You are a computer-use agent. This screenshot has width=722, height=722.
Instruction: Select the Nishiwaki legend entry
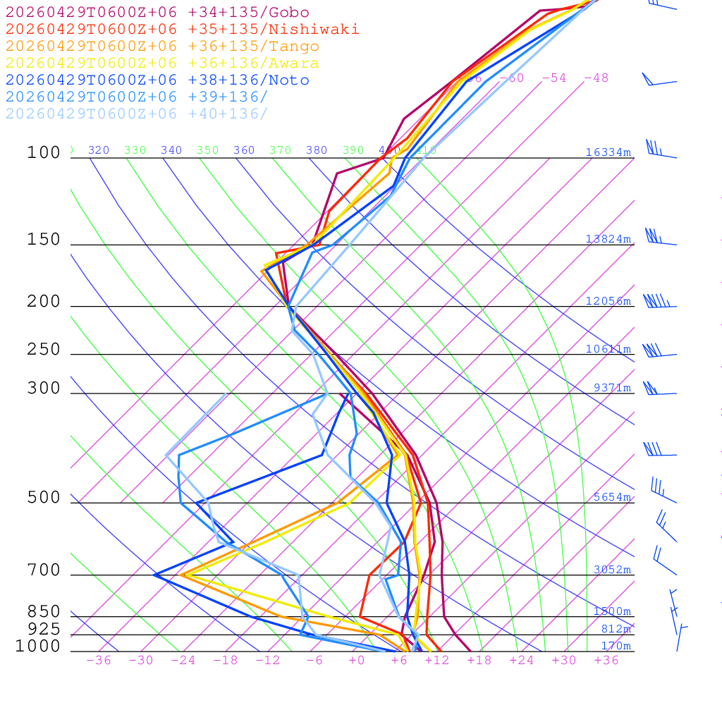point(183,29)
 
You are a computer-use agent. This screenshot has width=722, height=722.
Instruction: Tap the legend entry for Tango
point(162,47)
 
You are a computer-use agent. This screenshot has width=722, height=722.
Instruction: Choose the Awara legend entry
point(162,63)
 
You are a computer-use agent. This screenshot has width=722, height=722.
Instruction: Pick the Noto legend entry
point(157,80)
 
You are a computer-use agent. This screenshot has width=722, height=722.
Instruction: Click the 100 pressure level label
point(44,153)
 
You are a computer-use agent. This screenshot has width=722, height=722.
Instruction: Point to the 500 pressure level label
point(44,498)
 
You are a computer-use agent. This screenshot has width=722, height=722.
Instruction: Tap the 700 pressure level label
point(44,570)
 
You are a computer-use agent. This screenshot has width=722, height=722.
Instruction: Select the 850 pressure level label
point(44,611)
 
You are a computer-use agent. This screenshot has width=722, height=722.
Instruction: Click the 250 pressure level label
point(44,350)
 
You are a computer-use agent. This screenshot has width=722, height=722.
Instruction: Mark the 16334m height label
point(608,152)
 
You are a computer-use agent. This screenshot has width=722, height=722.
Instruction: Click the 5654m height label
point(611,497)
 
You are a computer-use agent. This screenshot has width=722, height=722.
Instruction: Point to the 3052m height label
point(611,570)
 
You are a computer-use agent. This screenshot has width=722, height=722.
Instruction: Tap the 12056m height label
point(608,301)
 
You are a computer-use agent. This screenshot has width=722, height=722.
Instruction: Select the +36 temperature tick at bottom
point(606,660)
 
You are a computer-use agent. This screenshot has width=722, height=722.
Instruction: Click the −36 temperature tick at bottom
point(98,660)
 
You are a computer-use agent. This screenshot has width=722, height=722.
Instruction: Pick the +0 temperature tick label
point(357,660)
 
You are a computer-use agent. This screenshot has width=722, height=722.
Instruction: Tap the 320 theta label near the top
point(99,150)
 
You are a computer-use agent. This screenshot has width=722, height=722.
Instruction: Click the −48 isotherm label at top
point(596,78)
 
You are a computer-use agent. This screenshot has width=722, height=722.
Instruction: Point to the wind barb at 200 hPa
point(659,302)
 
